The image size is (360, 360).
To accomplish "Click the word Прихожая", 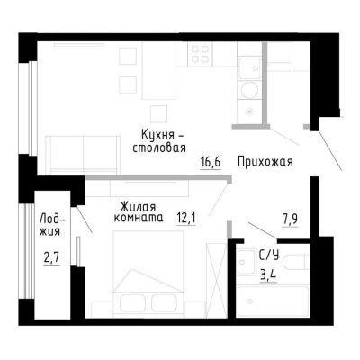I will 266,162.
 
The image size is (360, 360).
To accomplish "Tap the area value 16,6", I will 211,163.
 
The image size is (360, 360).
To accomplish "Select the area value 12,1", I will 186,217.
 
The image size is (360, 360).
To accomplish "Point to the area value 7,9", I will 291,216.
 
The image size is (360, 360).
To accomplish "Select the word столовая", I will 158,148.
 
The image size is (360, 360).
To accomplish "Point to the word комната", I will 138,218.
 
